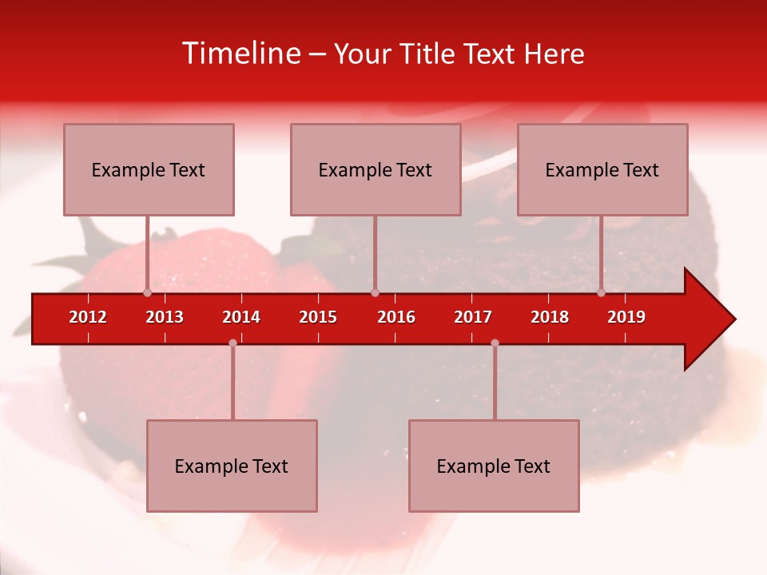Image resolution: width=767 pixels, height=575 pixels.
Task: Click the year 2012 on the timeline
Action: click(88, 317)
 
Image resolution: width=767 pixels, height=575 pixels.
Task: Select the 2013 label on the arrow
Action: click(165, 317)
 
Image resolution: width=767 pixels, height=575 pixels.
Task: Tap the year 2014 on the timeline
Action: click(241, 317)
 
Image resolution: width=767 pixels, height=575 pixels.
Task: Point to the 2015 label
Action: click(318, 317)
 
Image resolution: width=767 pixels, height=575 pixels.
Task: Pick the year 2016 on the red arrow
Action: click(396, 317)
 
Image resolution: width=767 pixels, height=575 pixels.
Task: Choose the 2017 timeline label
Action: click(473, 317)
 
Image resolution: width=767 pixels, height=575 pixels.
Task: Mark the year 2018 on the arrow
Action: click(550, 317)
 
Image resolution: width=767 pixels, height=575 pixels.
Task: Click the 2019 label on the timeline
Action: click(626, 317)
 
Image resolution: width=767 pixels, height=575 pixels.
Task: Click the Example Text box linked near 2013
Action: click(149, 169)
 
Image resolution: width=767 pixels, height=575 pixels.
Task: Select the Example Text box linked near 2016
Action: click(376, 169)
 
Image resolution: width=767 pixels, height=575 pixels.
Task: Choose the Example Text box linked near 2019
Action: click(602, 169)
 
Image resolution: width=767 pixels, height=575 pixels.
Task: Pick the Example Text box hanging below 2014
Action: click(232, 466)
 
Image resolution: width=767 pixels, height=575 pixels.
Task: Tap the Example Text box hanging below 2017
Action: click(494, 466)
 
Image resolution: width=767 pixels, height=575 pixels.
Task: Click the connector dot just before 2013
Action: click(147, 292)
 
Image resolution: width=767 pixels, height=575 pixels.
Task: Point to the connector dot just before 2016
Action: click(375, 292)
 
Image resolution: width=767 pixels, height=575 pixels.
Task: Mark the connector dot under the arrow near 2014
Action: click(232, 343)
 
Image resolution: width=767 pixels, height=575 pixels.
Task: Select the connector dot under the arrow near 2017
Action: click(495, 343)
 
